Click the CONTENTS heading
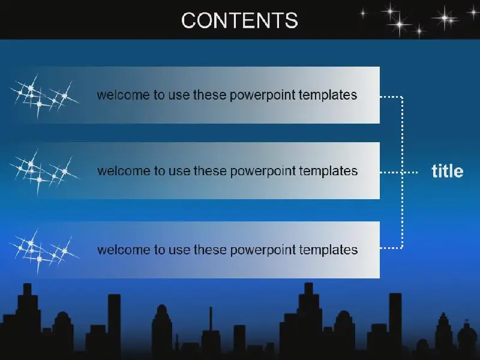tap(239, 20)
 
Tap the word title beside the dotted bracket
tap(447, 171)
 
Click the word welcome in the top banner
tap(123, 95)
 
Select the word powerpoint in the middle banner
tap(263, 172)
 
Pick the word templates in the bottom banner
tap(328, 250)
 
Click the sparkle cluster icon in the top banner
tap(44, 95)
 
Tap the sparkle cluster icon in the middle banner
tap(44, 172)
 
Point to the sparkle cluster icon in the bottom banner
tap(44, 251)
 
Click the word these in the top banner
tap(209, 95)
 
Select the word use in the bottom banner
tap(179, 250)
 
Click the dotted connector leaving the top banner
tap(391, 97)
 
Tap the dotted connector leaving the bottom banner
tap(391, 248)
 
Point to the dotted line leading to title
tap(399, 172)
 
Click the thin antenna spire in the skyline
tap(211, 319)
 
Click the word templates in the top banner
tap(328, 95)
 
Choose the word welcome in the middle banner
tap(124, 170)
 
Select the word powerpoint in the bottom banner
tap(263, 250)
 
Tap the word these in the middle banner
tap(210, 170)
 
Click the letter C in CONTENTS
tap(189, 20)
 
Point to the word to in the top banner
tap(159, 95)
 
